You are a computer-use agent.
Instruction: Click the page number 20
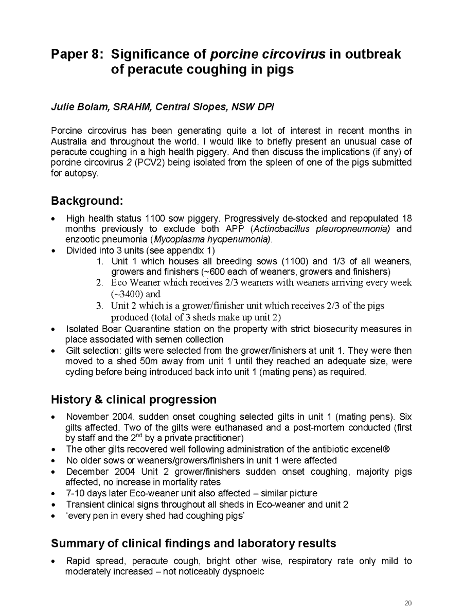pyautogui.click(x=408, y=603)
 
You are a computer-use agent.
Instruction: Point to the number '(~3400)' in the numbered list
pyautogui.click(x=128, y=294)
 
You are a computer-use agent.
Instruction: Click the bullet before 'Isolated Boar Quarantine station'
pyautogui.click(x=54, y=329)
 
